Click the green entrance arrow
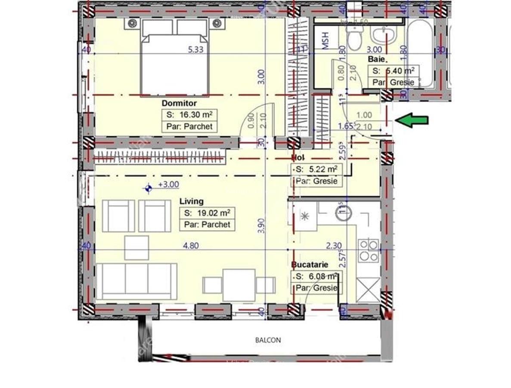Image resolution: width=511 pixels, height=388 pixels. (x=412, y=120)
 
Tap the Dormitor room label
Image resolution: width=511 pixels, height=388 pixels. (x=179, y=103)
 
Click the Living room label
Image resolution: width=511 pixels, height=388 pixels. (x=191, y=201)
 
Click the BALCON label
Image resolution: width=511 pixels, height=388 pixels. (x=268, y=340)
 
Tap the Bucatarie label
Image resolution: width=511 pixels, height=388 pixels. (x=310, y=265)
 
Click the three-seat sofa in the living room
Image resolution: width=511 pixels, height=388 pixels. (x=136, y=281)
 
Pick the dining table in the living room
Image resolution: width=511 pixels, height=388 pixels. (x=239, y=285)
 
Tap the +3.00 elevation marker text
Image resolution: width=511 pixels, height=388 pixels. (x=168, y=185)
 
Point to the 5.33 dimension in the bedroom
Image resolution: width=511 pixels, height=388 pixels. (x=195, y=50)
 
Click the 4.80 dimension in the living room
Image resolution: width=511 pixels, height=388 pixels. (x=191, y=246)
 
